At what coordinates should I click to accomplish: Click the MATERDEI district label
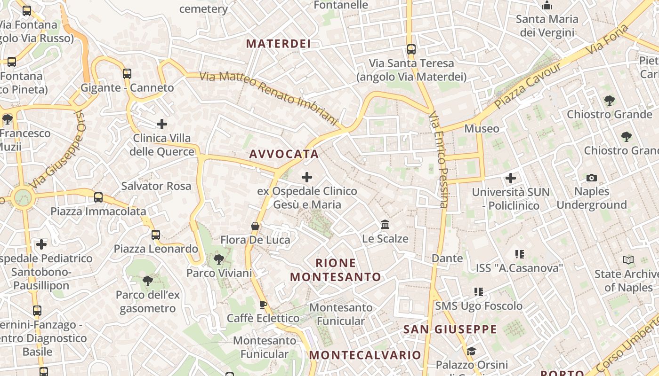[x=278, y=44]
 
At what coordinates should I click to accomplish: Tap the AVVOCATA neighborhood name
[x=284, y=154]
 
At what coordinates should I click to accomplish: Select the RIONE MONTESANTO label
[x=336, y=270]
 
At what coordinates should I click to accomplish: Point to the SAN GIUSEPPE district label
[x=450, y=329]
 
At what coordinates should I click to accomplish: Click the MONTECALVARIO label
[x=365, y=355]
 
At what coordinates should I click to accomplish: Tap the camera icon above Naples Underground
[x=592, y=178]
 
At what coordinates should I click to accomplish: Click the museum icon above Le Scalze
[x=385, y=225]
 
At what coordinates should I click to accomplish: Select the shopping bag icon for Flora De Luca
[x=255, y=226]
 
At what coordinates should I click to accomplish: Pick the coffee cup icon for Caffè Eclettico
[x=263, y=305]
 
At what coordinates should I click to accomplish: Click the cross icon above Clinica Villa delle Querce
[x=161, y=124]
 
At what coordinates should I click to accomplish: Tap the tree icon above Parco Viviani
[x=219, y=259]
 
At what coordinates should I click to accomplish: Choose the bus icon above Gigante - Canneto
[x=127, y=74]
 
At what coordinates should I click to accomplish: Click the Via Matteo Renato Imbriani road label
[x=269, y=98]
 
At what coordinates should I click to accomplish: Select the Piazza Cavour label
[x=528, y=86]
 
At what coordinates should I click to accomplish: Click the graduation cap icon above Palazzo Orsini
[x=471, y=351]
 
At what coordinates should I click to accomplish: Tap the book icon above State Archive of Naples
[x=628, y=260]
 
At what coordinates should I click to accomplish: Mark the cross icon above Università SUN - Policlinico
[x=511, y=178]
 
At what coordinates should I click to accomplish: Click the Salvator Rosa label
[x=156, y=186]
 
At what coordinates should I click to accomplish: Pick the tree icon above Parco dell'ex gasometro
[x=148, y=281]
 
